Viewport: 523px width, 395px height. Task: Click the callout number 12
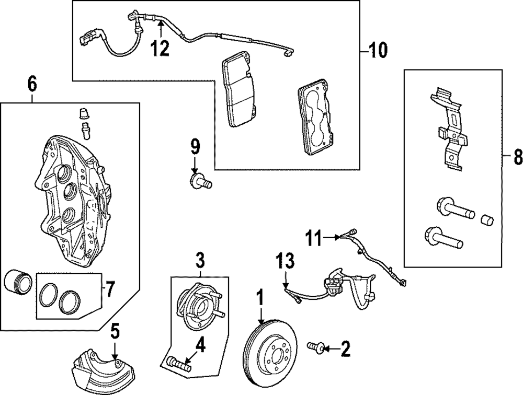pos(161,48)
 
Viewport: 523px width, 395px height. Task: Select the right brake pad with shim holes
pos(315,120)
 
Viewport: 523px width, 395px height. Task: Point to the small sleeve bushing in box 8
pos(487,219)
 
